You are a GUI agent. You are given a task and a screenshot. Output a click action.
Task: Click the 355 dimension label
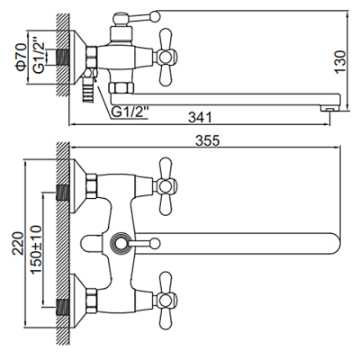[206, 139]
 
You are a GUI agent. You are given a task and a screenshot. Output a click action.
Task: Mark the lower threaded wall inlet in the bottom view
[64, 293]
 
